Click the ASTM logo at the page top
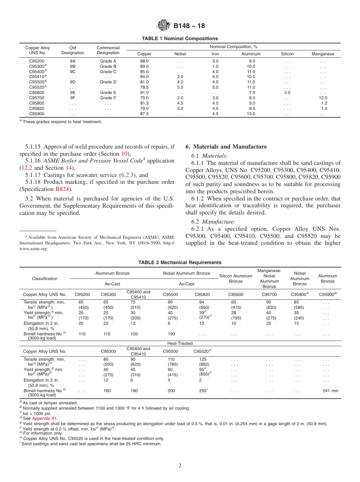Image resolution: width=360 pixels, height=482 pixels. coord(164,26)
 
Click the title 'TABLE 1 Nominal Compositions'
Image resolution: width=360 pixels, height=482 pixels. coord(180,38)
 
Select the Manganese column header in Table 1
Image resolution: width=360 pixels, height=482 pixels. coord(323,54)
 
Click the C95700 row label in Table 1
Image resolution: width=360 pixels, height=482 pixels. coord(37,98)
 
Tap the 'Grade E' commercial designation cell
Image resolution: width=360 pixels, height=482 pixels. coord(108,92)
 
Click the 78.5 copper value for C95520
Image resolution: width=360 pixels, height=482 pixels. coord(144,87)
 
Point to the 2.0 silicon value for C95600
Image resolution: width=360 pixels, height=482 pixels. coord(287,92)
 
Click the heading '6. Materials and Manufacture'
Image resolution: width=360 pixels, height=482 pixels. coord(226,147)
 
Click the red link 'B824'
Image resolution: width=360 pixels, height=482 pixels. coord(61,189)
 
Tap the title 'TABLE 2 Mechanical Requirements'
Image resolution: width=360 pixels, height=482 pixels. coord(180,262)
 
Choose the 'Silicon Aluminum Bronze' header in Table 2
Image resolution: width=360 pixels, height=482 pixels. coord(236,279)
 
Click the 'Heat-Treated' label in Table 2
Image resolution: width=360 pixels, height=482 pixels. coord(180,343)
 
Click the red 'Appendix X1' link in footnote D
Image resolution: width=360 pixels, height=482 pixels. coord(45,418)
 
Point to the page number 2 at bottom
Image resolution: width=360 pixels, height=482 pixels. coord(180,466)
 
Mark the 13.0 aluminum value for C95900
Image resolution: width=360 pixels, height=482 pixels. coord(251,114)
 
